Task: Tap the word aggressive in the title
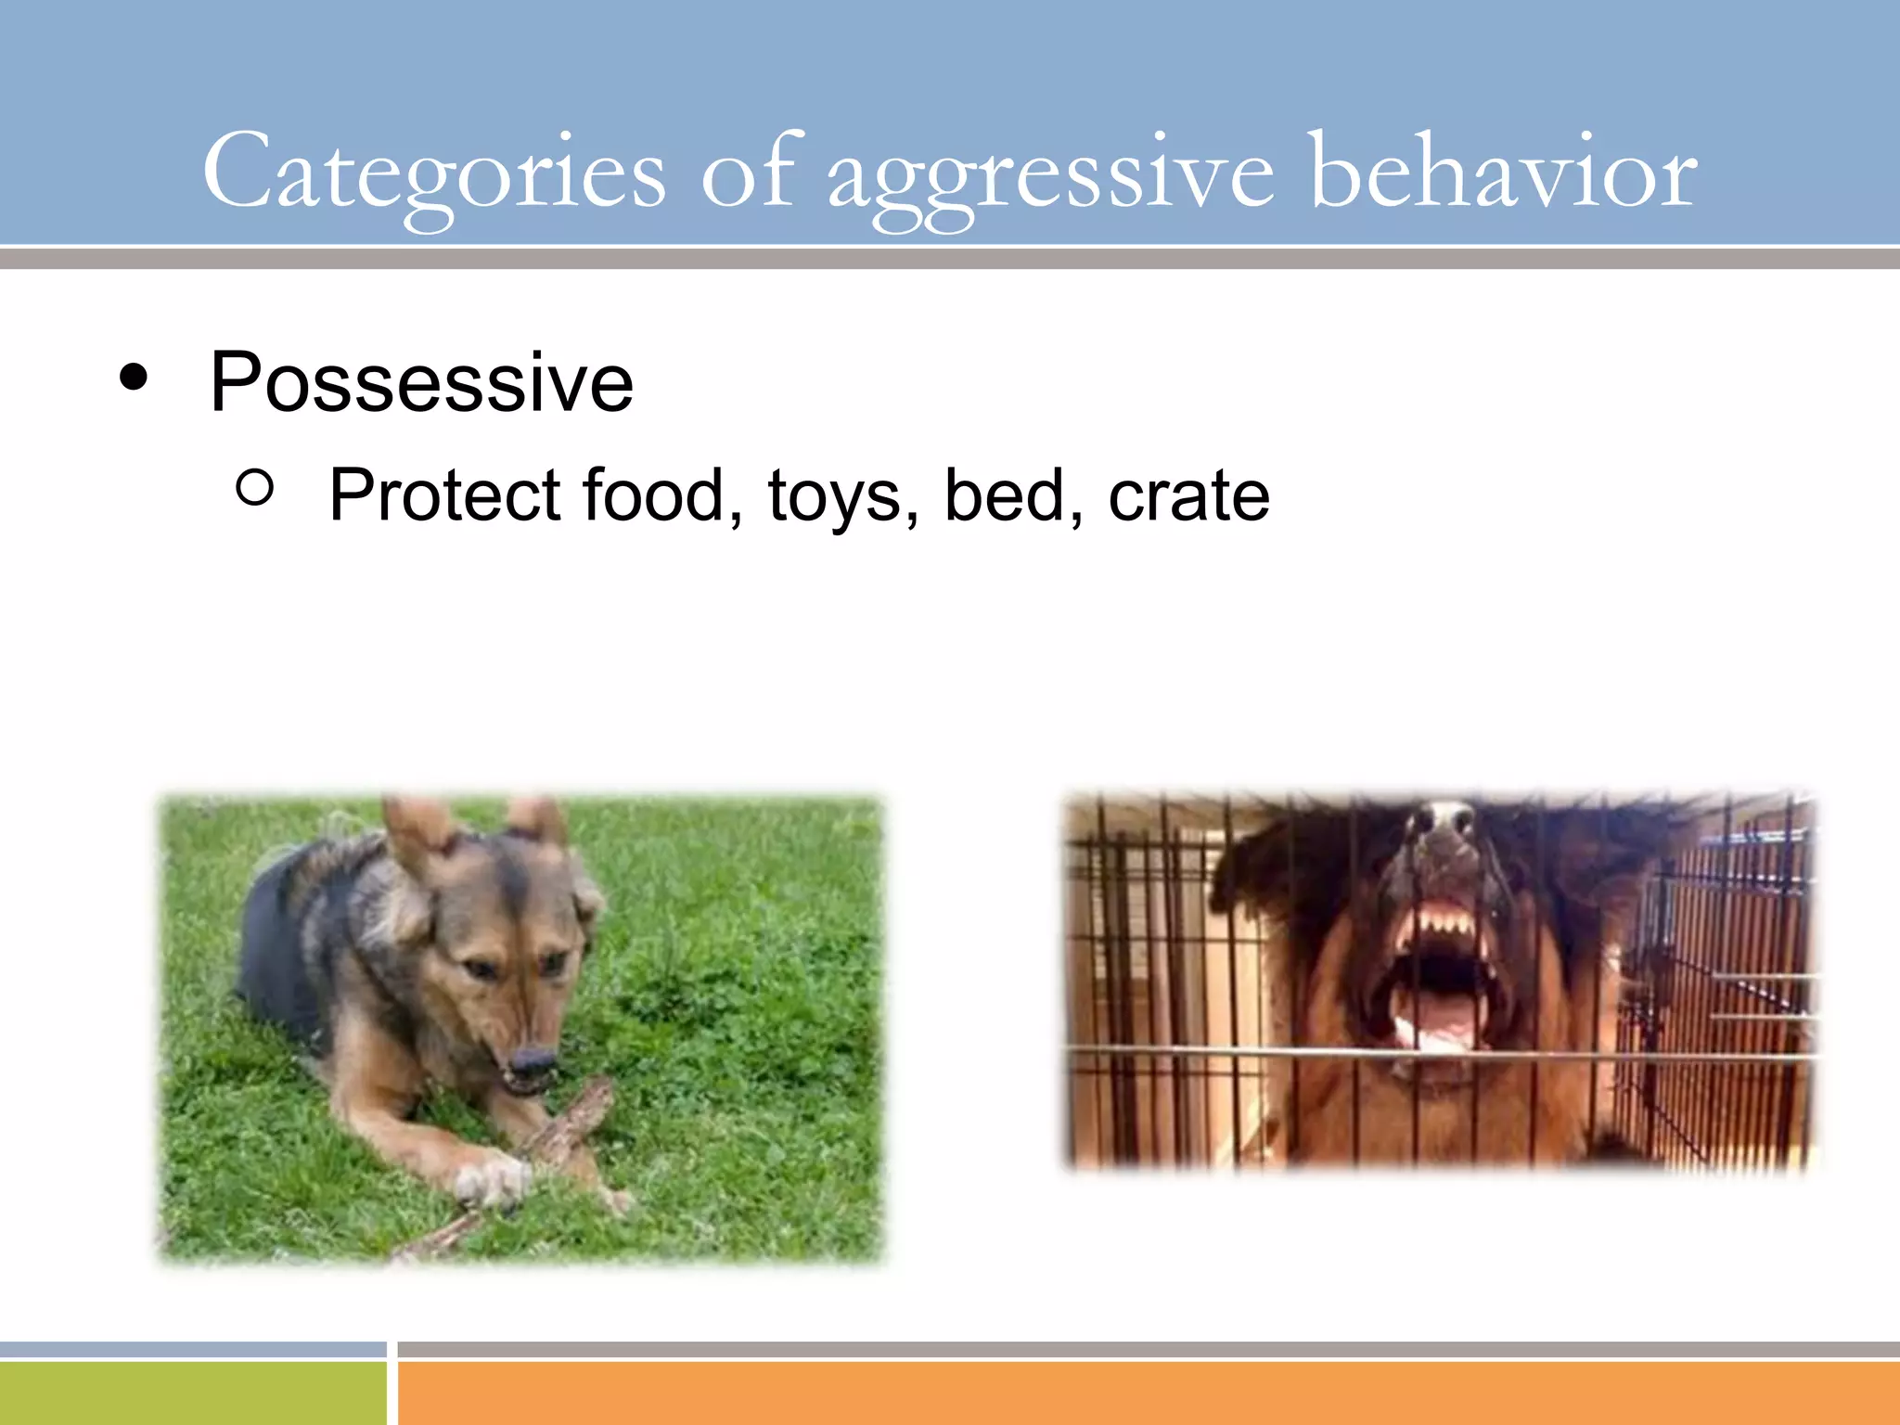click(1050, 176)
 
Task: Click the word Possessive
click(421, 382)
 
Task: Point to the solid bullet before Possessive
click(134, 378)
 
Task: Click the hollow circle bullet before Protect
click(255, 487)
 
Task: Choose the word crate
click(1188, 495)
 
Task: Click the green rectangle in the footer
click(192, 1392)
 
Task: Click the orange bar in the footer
click(1149, 1392)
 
